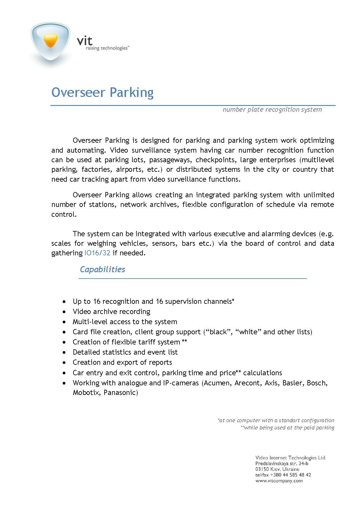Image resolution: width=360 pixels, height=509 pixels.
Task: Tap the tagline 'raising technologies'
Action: tap(107, 48)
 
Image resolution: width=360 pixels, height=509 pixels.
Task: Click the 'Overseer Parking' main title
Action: tap(102, 92)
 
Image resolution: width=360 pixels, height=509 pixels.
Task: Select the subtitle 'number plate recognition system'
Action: tap(272, 110)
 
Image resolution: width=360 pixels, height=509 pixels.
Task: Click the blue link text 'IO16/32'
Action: tap(97, 253)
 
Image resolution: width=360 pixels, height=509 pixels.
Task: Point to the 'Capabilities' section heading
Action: tap(102, 269)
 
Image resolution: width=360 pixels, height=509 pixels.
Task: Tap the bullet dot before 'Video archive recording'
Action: tap(64, 312)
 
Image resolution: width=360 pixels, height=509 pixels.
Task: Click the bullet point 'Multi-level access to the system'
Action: tap(125, 322)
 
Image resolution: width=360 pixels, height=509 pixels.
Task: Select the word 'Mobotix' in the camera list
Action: tap(86, 393)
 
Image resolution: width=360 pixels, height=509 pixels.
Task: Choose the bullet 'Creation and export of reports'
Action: tap(122, 362)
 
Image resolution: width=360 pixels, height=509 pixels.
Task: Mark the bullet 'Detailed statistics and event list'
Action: tap(125, 352)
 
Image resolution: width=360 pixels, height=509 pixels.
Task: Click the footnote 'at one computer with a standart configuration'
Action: tap(276, 420)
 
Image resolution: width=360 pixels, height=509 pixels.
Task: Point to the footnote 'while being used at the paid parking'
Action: tap(288, 427)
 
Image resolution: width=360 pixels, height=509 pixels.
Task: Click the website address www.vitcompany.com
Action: tap(279, 481)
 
